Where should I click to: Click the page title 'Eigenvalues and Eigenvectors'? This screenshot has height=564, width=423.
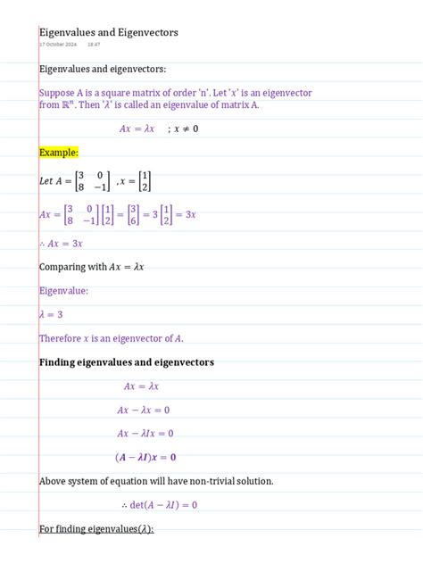109,32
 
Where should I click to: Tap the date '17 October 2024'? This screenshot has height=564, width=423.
58,44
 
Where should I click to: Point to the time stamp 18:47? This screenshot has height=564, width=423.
94,44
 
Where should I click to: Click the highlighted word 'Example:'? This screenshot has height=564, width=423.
59,153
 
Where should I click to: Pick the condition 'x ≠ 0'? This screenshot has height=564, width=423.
182,129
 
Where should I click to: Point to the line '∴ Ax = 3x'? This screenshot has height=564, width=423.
61,243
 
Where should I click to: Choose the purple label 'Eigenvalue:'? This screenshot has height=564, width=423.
63,290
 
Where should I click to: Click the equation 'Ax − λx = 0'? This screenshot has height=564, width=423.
143,410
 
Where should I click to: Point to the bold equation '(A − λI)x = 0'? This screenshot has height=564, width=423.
145,457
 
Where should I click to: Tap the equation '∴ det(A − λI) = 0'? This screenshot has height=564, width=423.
158,504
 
